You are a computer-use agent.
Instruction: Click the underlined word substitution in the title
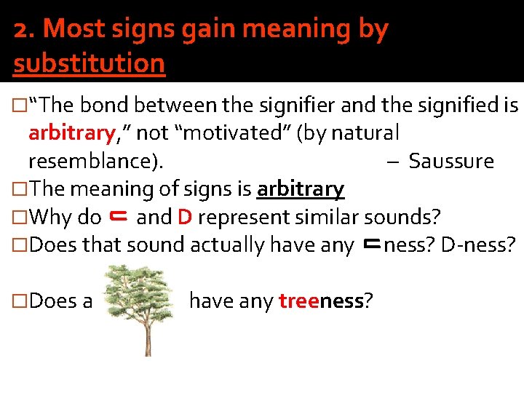[x=89, y=63]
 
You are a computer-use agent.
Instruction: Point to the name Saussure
[x=451, y=161]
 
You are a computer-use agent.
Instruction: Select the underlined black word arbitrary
[x=300, y=188]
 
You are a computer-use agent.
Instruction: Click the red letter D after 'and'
[x=184, y=217]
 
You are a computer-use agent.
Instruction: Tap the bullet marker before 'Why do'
[x=20, y=217]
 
